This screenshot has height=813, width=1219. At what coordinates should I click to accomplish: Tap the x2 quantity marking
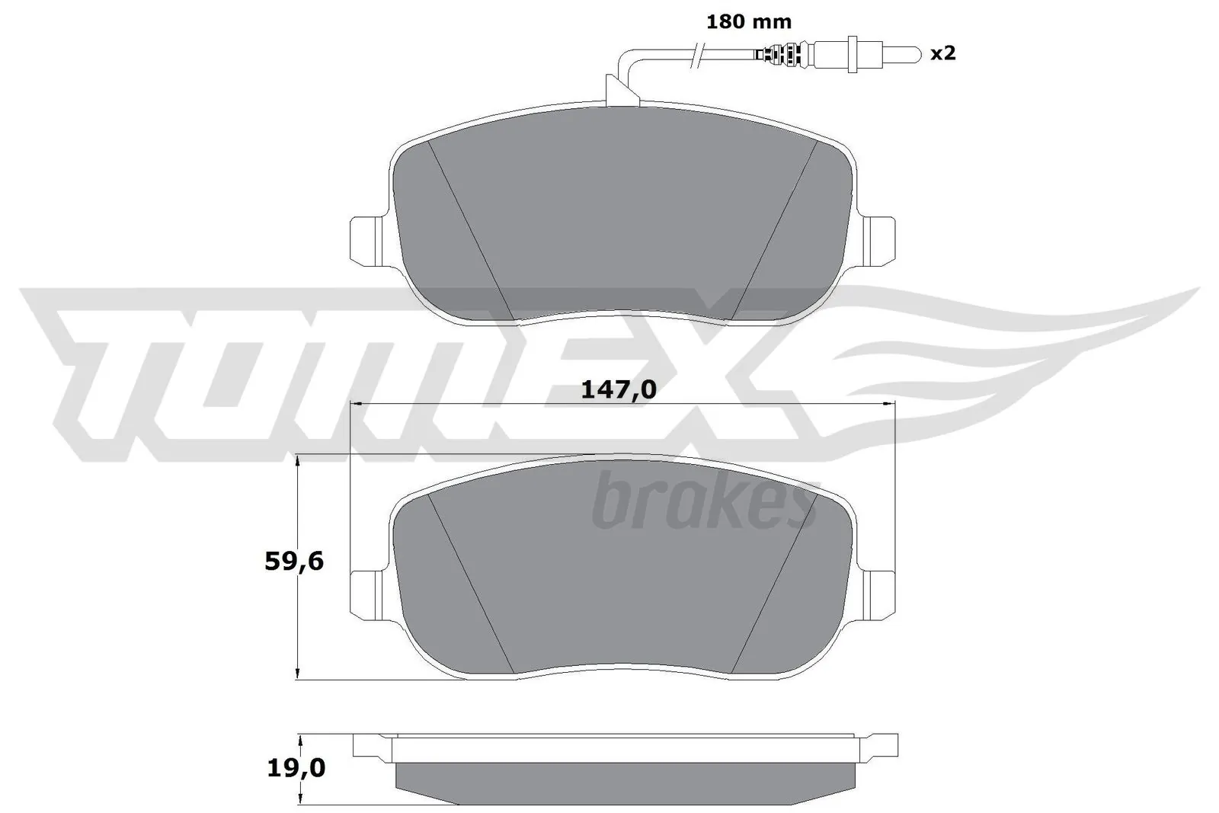[943, 53]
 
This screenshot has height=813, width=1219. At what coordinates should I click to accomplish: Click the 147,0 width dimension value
[618, 390]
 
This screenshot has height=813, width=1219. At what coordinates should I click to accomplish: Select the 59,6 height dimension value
[294, 562]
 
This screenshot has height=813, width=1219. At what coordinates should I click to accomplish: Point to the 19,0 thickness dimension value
[295, 769]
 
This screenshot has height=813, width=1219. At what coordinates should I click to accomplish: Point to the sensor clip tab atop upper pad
[619, 89]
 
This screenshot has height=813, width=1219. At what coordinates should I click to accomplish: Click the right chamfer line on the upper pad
[773, 229]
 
